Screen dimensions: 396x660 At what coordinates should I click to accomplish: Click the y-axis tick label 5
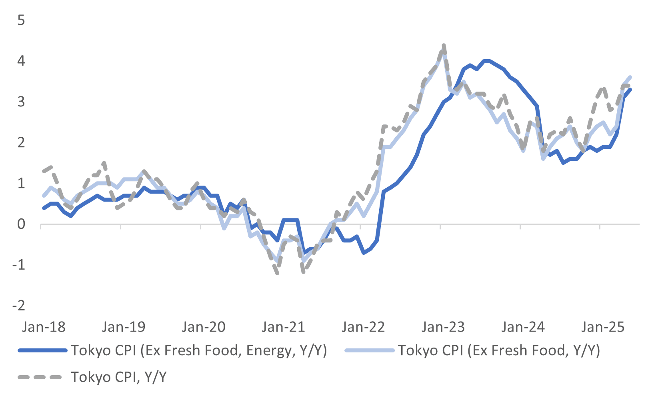point(21,20)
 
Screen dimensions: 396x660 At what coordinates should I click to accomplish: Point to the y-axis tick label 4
point(21,61)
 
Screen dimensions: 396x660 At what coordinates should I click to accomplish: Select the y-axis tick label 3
point(21,102)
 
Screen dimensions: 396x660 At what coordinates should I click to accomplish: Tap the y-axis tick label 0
point(21,224)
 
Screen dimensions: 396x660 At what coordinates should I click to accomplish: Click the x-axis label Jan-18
point(44,327)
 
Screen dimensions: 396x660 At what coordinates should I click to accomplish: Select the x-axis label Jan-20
point(204,327)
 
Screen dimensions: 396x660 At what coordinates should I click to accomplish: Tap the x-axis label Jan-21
point(283,327)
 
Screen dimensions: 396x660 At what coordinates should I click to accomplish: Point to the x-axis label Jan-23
point(443,327)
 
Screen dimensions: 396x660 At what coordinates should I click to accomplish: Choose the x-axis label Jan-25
point(603,327)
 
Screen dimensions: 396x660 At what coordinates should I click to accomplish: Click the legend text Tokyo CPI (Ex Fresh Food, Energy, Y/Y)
point(199,350)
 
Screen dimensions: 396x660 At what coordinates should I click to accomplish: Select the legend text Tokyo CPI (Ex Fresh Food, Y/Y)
point(499,350)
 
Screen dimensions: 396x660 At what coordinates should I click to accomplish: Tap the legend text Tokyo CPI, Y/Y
point(118,377)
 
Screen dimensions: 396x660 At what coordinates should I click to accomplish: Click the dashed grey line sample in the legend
point(40,377)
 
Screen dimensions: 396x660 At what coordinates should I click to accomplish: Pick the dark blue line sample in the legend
point(42,350)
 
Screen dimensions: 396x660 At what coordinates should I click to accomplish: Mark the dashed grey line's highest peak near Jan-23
point(444,45)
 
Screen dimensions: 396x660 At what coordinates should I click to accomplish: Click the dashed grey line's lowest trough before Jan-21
point(277,273)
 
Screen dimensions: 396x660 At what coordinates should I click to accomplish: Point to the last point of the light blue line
point(630,77)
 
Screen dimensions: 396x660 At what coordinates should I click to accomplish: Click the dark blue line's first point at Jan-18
point(44,208)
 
